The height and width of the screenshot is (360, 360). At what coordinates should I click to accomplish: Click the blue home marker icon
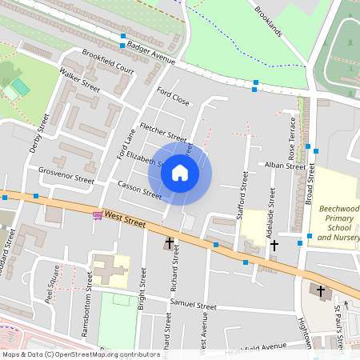pyautogui.click(x=180, y=172)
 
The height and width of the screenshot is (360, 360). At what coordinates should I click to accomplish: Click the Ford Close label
pyautogui.click(x=173, y=96)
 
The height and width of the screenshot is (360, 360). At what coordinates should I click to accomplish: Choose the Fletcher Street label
pyautogui.click(x=163, y=130)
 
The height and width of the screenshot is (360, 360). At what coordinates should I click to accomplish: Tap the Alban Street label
pyautogui.click(x=286, y=166)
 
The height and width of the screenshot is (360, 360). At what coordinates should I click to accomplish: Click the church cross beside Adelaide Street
pyautogui.click(x=274, y=245)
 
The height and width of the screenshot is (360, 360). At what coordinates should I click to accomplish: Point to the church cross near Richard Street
pyautogui.click(x=170, y=242)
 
